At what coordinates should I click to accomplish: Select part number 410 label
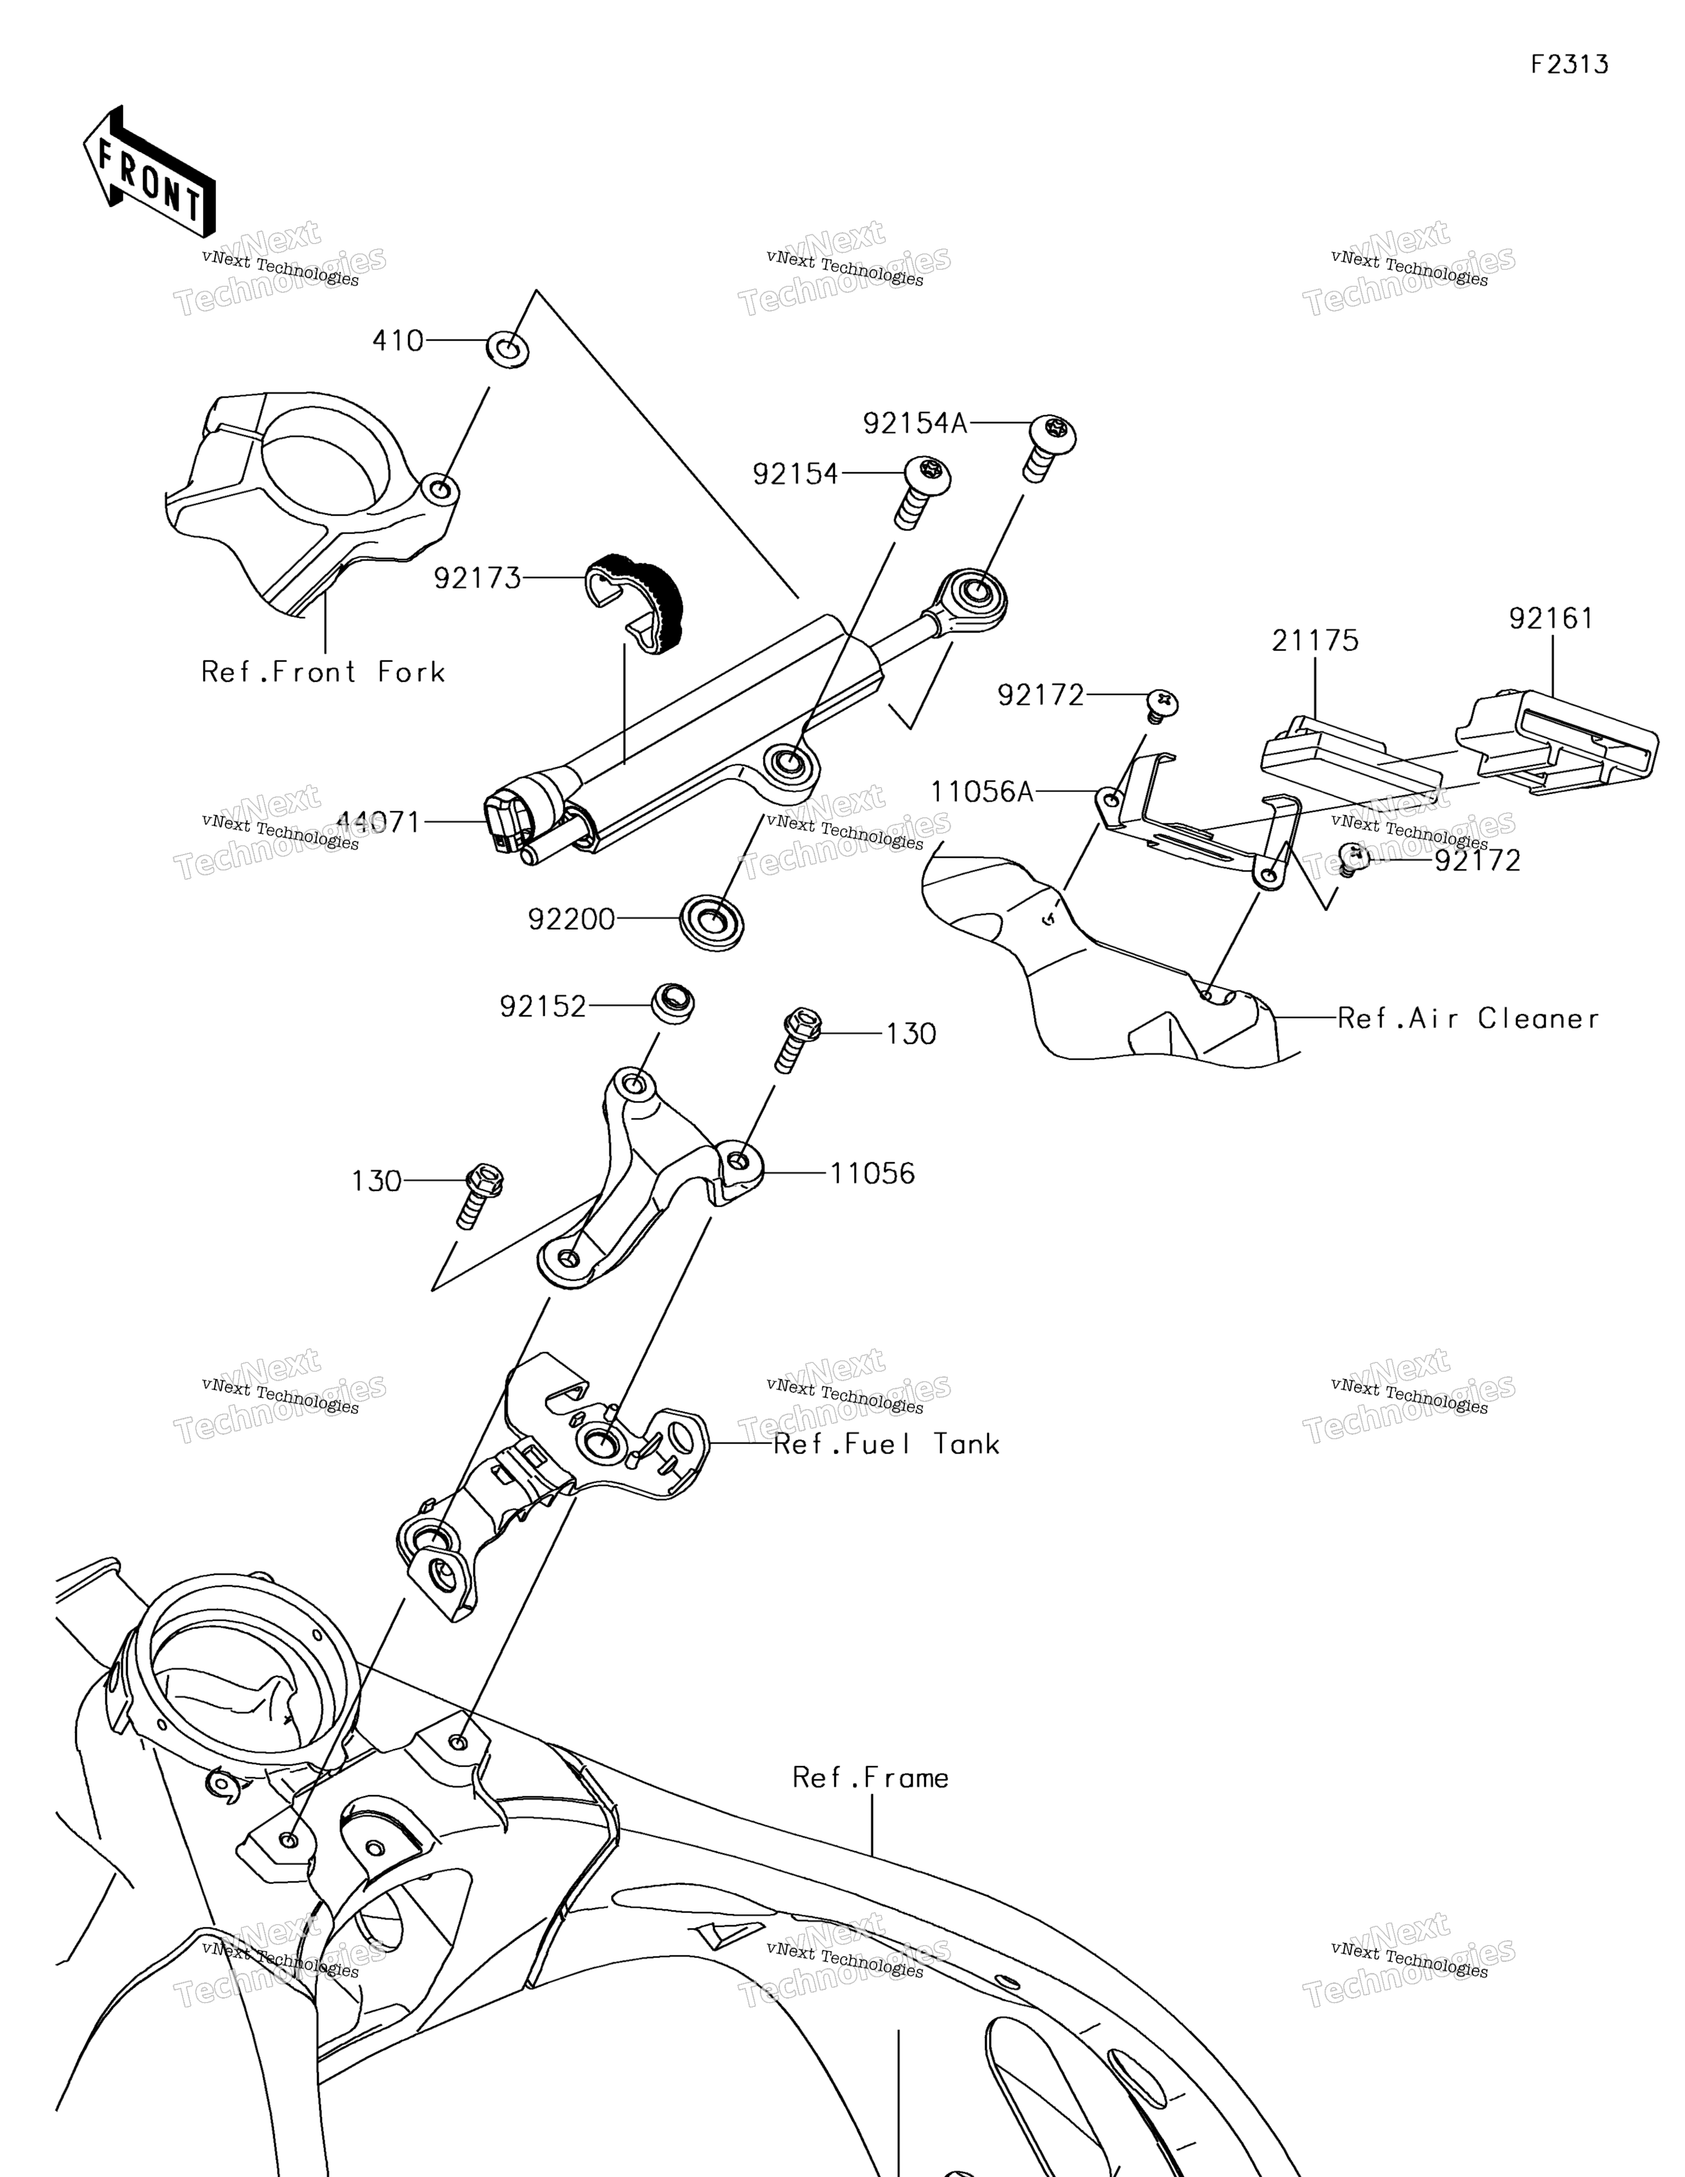click(398, 341)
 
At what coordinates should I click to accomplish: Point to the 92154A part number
click(915, 423)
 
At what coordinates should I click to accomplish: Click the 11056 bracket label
click(873, 1173)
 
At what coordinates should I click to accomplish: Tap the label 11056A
click(982, 793)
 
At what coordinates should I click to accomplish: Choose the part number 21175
click(1315, 641)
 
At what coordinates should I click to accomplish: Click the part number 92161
click(1551, 619)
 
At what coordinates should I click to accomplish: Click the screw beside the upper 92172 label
click(1162, 706)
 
